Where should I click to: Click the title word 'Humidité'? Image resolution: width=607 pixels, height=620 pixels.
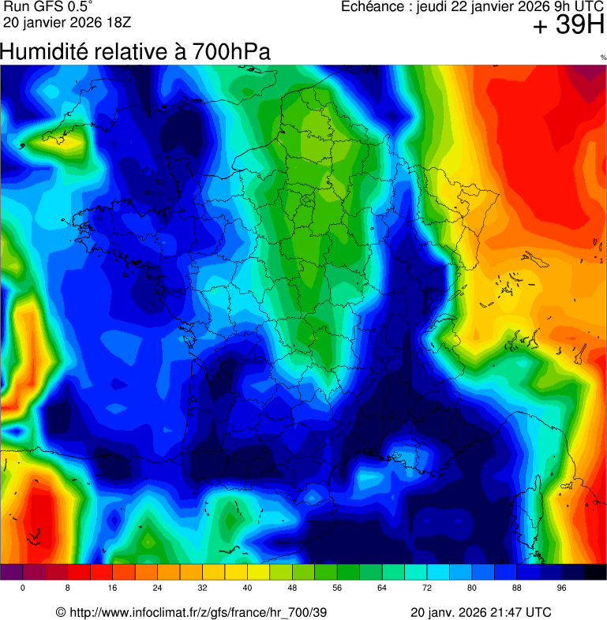coord(43,52)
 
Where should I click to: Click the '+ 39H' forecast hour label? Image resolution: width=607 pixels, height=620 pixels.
coord(568,25)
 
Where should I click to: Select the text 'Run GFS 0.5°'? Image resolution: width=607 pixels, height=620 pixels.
coord(48,6)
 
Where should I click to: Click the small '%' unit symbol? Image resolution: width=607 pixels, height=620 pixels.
coord(603,58)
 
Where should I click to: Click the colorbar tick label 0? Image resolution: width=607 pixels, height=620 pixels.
coord(22,588)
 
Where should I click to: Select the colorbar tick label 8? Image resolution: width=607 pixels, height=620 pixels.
coord(68,588)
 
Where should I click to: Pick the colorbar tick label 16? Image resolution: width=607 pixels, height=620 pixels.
coord(113,588)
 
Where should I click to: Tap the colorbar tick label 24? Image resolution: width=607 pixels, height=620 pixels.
coord(158,588)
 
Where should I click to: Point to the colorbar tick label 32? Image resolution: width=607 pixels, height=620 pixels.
coord(203,588)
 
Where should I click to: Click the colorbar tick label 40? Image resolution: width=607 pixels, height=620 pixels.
coord(248,588)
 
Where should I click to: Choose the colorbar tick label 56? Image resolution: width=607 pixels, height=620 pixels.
coord(338,588)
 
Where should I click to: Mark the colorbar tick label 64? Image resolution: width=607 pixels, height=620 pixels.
coord(383,588)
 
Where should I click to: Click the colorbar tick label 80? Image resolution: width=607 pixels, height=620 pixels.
coord(472,588)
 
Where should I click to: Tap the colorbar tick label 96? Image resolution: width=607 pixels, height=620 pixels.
coord(562,588)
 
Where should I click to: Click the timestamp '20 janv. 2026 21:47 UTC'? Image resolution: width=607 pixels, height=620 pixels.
coord(481,613)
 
